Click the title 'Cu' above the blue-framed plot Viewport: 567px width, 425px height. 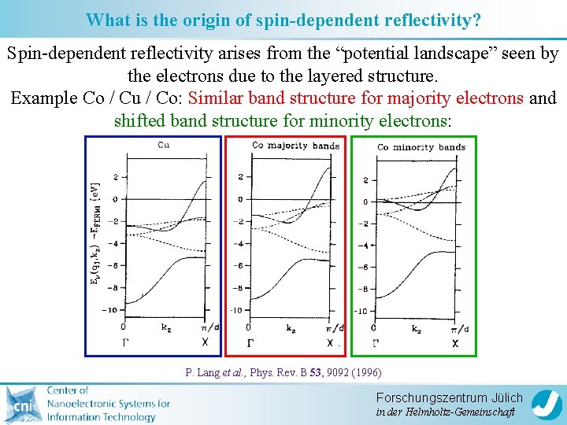[x=164, y=144]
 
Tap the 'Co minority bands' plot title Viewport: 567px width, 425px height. [x=421, y=147]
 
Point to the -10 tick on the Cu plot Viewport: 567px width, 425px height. [x=111, y=310]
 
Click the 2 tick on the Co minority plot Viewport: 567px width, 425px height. [x=365, y=180]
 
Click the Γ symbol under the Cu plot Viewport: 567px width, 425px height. [x=124, y=342]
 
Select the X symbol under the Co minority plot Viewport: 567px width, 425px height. [x=455, y=344]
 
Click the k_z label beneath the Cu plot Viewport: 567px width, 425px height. [x=165, y=327]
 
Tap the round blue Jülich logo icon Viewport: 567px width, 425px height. [x=547, y=405]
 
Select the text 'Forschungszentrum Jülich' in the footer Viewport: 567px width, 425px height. [x=449, y=397]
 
